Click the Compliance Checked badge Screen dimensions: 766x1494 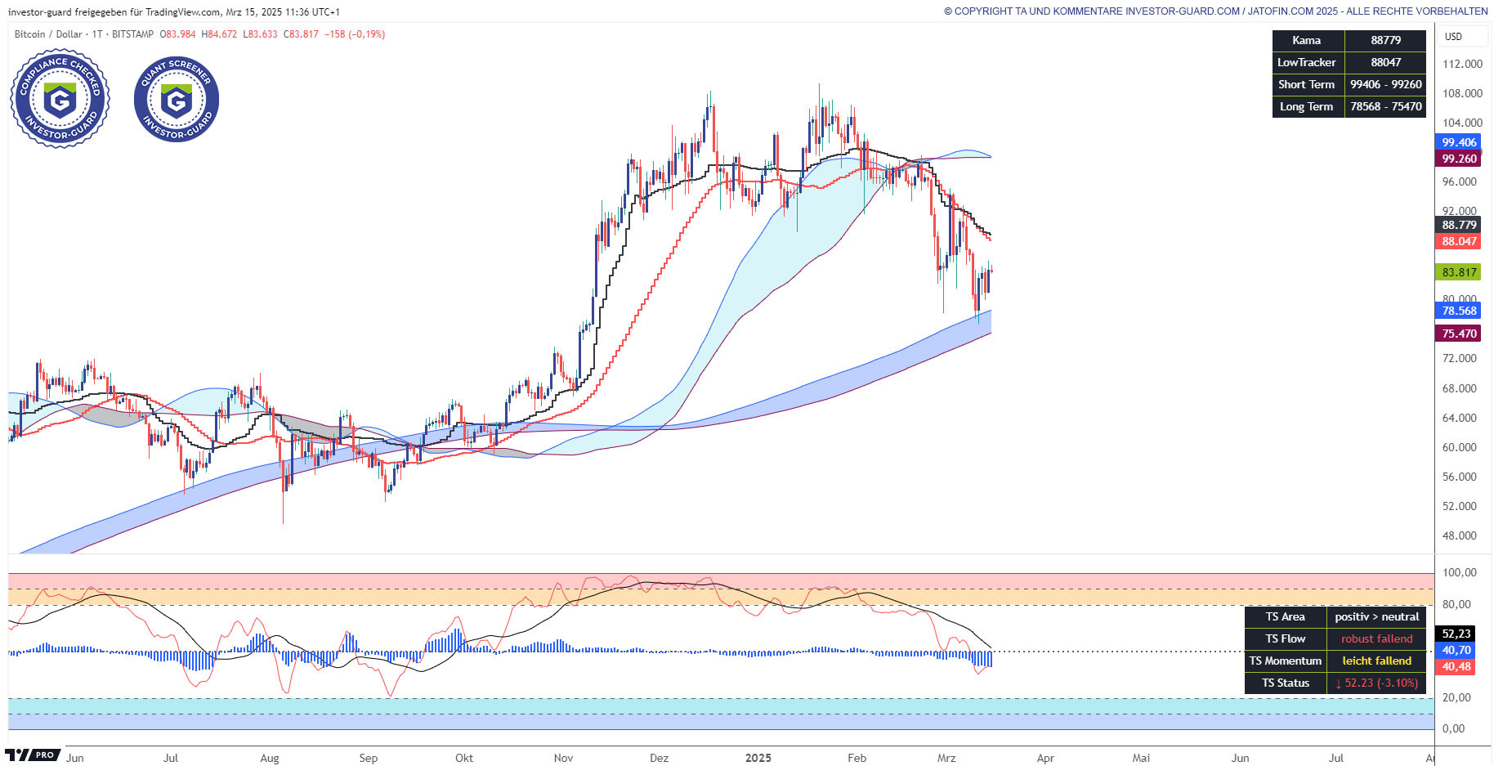(x=60, y=99)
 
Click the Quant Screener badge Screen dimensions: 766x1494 (x=177, y=99)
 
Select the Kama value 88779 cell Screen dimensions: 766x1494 (x=1385, y=40)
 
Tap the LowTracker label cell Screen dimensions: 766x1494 (x=1306, y=62)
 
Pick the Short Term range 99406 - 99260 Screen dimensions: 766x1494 (x=1385, y=84)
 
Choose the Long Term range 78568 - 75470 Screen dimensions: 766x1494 (x=1385, y=106)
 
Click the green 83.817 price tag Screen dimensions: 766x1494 (x=1459, y=272)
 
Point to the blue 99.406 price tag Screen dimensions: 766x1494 (x=1459, y=142)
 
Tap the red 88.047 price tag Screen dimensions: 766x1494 (x=1459, y=241)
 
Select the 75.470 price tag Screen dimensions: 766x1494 (x=1459, y=334)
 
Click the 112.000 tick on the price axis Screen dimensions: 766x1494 (x=1462, y=64)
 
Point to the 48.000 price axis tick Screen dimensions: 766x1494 (x=1459, y=535)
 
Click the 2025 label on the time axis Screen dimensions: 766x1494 (x=758, y=758)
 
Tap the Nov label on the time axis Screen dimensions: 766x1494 (x=563, y=758)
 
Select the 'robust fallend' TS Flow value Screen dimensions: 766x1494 (x=1376, y=638)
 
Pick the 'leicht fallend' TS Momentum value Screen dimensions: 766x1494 (x=1376, y=661)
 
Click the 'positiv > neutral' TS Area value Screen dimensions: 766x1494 (x=1376, y=616)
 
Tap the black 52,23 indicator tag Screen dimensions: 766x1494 (x=1456, y=634)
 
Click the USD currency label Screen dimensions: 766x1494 (x=1453, y=36)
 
